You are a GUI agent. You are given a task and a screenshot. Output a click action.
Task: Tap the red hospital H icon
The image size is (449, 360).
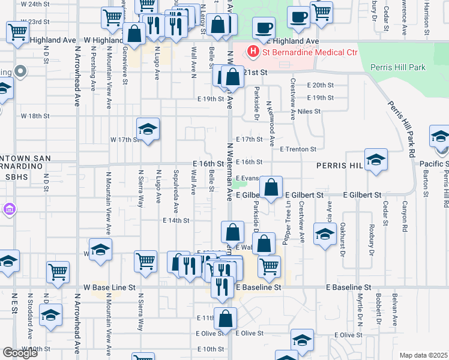tap(253, 52)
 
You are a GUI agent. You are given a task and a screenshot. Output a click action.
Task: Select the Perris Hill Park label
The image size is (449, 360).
tap(398, 67)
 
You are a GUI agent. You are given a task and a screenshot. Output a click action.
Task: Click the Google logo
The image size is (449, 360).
tap(20, 353)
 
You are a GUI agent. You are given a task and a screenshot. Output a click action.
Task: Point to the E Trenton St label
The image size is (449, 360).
tap(298, 149)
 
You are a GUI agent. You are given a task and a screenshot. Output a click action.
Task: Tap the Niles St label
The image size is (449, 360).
tap(309, 111)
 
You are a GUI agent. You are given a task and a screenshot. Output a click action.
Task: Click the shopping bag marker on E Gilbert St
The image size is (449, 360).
tap(272, 188)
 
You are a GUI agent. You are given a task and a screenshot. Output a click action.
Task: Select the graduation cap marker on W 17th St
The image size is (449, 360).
tap(148, 129)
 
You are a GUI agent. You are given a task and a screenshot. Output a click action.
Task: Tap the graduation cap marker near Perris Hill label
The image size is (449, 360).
tap(376, 160)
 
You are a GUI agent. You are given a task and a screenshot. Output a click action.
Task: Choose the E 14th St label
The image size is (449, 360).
tap(176, 220)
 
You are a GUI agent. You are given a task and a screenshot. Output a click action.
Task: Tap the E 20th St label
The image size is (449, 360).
tap(319, 85)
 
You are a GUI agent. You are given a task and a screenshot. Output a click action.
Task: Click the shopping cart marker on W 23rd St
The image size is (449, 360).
tap(17, 32)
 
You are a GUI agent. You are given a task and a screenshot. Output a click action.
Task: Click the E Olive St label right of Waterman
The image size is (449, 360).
tap(250, 333)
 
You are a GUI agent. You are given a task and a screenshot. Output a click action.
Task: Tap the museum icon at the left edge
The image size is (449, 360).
tap(9, 209)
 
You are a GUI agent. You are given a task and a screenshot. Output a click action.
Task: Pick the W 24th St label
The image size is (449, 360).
tap(35, 4)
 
